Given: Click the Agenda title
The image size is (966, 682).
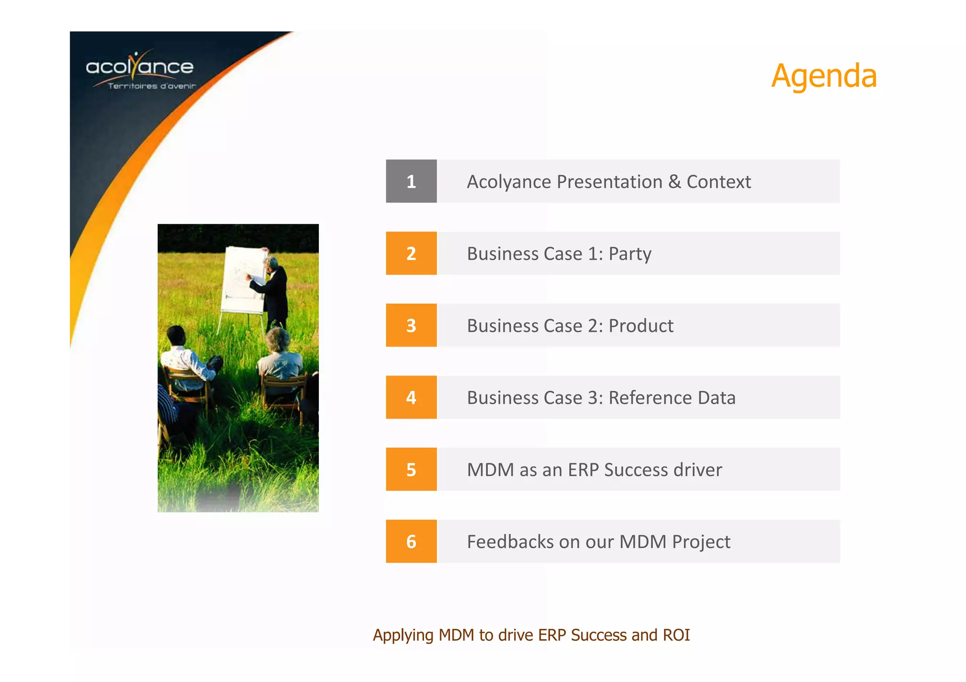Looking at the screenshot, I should (824, 76).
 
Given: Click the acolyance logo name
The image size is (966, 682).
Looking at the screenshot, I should (140, 67).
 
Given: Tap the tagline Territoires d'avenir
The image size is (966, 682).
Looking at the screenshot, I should (151, 86).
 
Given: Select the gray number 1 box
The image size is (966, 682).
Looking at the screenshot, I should (411, 181).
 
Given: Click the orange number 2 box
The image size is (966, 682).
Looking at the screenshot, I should (411, 254).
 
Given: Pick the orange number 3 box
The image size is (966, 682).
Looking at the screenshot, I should (411, 326).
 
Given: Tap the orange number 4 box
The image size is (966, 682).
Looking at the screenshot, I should (411, 398).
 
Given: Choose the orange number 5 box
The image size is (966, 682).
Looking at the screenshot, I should (411, 470).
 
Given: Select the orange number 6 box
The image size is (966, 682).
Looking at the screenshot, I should (411, 542).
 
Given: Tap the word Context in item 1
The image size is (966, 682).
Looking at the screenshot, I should (718, 182).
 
